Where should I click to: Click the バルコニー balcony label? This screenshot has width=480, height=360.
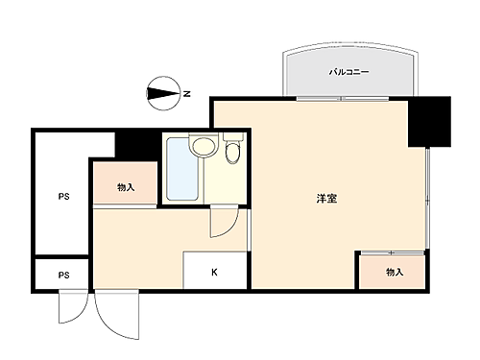point(348,72)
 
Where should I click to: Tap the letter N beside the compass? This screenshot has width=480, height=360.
point(187,93)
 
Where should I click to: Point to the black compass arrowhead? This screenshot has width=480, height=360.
point(158,93)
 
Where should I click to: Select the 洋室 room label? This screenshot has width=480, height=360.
point(326,199)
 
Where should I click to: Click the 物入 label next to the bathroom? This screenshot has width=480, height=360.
point(125,187)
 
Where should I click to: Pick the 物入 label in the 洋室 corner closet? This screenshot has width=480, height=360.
point(395,272)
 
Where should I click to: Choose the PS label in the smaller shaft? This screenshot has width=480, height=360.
point(63,276)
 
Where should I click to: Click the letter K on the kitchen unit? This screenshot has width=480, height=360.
point(215,272)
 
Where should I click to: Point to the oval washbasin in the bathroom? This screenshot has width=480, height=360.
point(203,147)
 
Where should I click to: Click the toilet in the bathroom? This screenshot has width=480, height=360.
point(231,154)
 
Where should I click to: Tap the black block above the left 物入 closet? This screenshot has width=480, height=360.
point(135,146)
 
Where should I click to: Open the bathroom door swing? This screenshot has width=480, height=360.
point(221,224)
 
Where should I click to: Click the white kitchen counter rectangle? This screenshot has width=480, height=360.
point(215,269)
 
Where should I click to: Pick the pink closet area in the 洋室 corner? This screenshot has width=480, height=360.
point(392,271)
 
